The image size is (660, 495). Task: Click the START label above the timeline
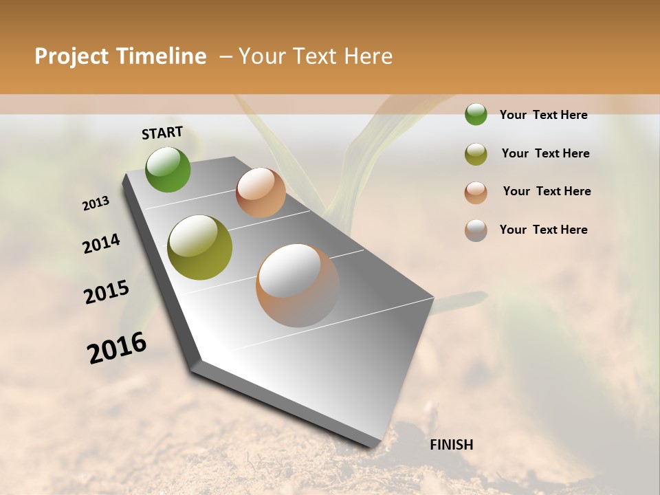[162, 133]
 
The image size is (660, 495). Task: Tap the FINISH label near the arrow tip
[452, 445]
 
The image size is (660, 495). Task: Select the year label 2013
[96, 203]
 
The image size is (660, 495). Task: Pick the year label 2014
[102, 244]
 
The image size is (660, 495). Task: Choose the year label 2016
[117, 348]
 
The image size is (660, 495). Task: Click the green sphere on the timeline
[168, 169]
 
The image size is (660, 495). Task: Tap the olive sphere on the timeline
[199, 247]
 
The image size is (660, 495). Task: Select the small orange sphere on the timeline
[261, 192]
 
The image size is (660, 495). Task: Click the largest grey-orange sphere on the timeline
[298, 285]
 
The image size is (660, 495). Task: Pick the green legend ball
[476, 114]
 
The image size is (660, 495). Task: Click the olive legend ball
[476, 154]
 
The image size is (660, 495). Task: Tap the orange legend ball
[476, 192]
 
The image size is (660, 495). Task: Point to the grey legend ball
[476, 230]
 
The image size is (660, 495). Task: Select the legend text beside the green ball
[543, 115]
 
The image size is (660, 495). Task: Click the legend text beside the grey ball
[543, 230]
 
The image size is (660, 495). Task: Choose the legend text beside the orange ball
[547, 191]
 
